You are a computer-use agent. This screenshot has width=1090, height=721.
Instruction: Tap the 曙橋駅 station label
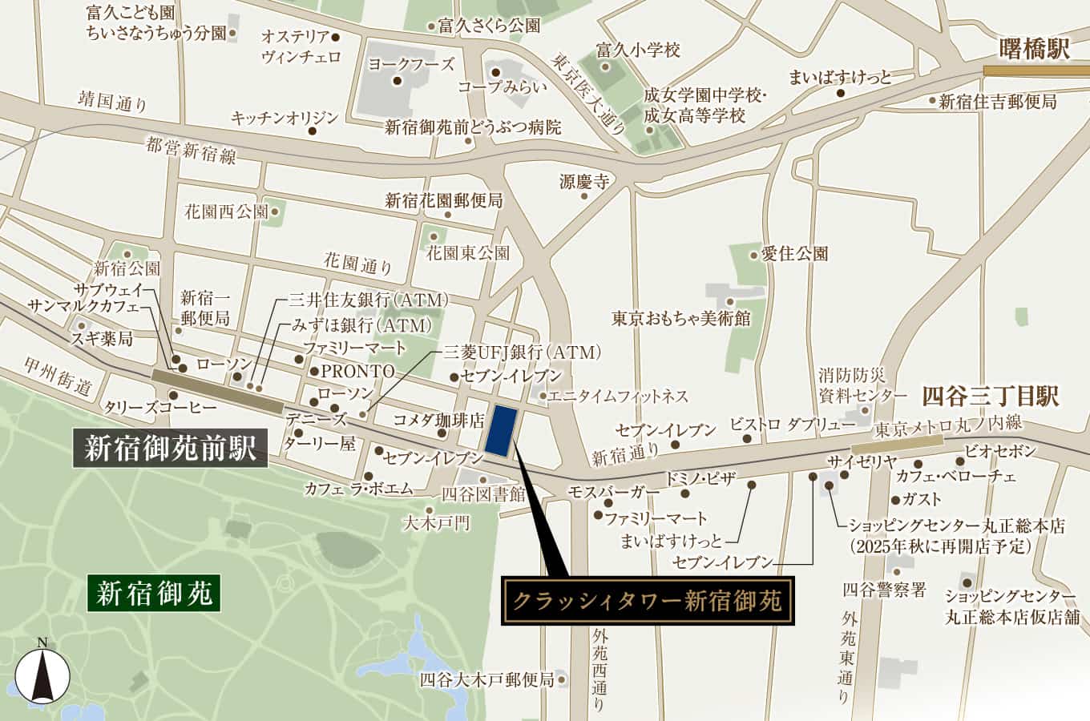1035,49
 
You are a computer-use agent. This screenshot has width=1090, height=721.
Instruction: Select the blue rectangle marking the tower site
500,430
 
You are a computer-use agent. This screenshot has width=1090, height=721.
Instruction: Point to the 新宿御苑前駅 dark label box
170,449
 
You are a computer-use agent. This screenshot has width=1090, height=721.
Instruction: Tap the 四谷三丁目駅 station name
991,396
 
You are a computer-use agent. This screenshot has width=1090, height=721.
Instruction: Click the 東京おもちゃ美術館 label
680,318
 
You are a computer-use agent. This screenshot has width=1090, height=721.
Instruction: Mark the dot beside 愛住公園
753,255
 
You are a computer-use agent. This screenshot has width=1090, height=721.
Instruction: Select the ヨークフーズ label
411,64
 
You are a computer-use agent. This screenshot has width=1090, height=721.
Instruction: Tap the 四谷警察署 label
884,590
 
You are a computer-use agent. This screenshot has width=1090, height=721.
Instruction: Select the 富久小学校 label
638,50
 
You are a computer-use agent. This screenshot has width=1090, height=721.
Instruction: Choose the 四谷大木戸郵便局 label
486,680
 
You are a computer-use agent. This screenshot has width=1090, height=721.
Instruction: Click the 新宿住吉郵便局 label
998,102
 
